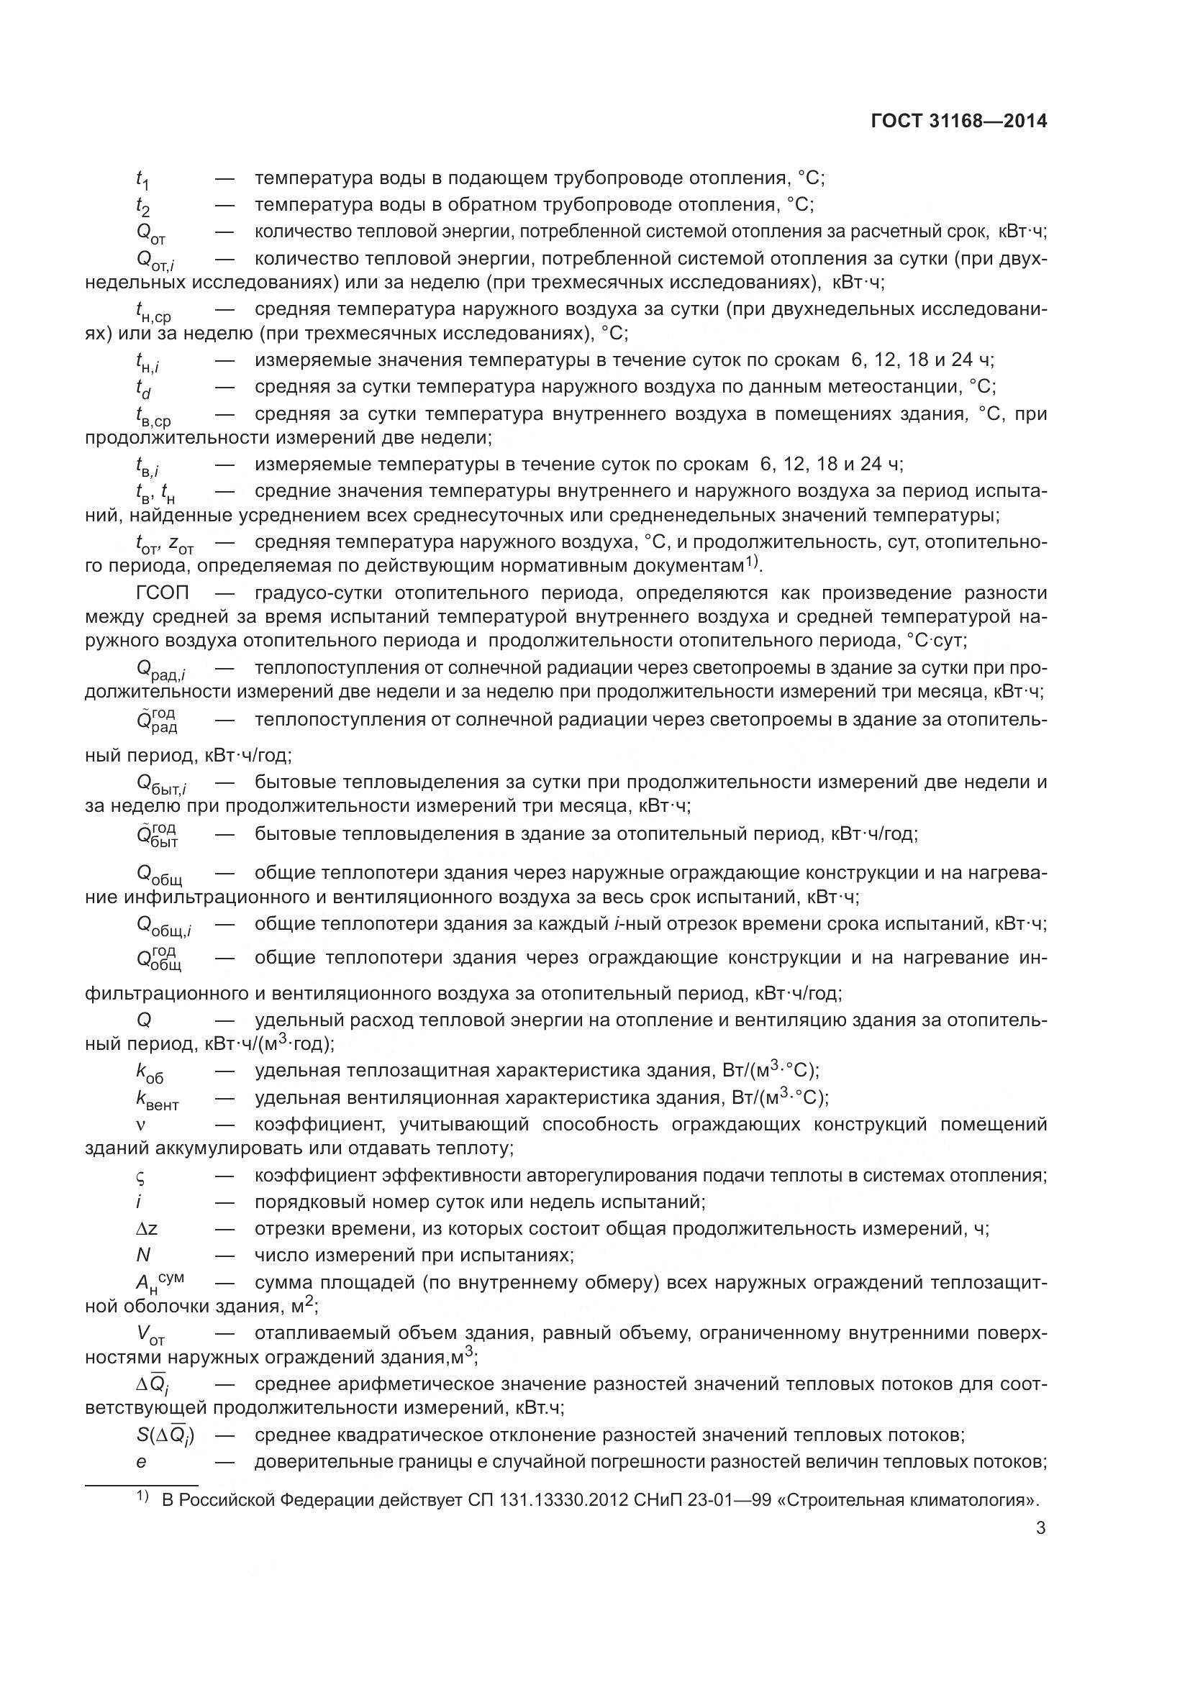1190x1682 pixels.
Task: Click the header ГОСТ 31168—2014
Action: (x=958, y=122)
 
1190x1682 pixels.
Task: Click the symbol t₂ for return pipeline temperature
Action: (x=143, y=206)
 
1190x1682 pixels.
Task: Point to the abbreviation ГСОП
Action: (x=163, y=593)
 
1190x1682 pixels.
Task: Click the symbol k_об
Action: (x=150, y=1072)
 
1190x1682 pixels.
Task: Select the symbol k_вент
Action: (x=157, y=1099)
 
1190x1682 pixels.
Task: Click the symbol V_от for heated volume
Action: (x=150, y=1335)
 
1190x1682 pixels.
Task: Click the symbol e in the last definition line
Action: (x=142, y=1461)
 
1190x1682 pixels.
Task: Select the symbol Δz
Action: (x=142, y=1228)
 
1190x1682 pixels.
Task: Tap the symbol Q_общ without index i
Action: (x=159, y=875)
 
